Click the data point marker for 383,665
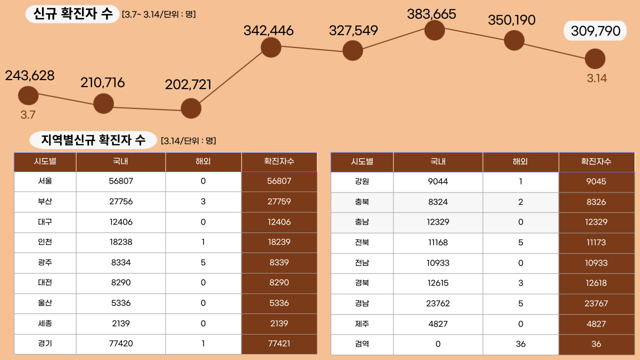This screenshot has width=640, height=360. (434, 30)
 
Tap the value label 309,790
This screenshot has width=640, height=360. (595, 31)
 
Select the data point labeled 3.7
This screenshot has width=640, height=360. (28, 96)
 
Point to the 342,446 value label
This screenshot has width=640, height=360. (268, 30)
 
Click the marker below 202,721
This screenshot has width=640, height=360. (190, 108)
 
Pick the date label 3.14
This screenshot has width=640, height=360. (596, 78)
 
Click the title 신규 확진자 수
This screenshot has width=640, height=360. (73, 13)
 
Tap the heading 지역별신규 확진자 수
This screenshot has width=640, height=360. (93, 140)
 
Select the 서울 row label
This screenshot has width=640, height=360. (45, 181)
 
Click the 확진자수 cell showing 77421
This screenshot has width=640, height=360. (279, 343)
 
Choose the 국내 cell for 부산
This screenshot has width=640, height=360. (120, 201)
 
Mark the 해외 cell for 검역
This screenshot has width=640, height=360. (520, 344)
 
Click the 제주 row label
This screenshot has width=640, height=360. (362, 324)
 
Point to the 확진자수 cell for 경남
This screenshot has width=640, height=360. (596, 303)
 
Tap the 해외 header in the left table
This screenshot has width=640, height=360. (203, 161)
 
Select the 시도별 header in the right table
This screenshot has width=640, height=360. (362, 161)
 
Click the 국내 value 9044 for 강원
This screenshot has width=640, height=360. (438, 181)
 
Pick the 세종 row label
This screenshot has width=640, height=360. (45, 323)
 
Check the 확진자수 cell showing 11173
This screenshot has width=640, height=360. (596, 242)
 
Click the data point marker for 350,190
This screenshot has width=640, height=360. (514, 40)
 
